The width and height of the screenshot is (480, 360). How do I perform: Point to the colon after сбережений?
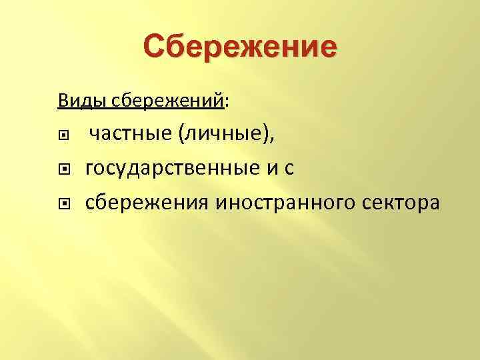click(228, 103)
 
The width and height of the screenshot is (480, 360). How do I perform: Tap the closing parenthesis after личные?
click(267, 136)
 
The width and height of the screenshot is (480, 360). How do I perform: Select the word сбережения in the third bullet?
click(147, 202)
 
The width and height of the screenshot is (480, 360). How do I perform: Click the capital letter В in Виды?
click(63, 101)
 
